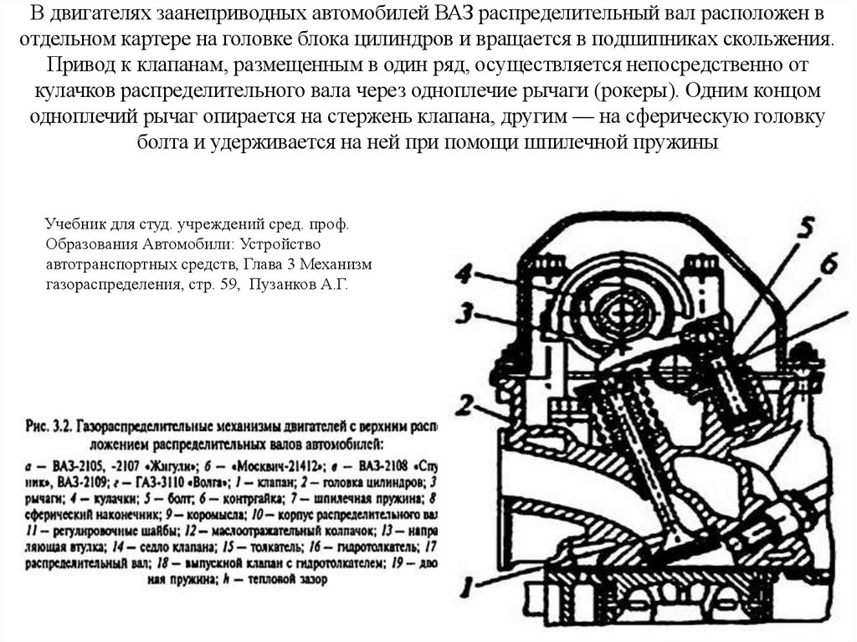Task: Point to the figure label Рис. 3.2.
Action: tap(49, 426)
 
